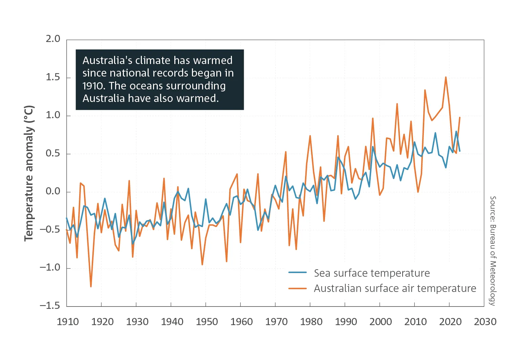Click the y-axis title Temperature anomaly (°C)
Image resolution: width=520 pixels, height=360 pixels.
29,173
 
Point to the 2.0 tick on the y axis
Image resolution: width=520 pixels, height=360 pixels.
53,39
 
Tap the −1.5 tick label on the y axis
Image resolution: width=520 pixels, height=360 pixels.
50,305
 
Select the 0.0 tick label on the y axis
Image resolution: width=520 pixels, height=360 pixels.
53,191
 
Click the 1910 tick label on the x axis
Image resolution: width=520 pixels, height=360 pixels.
68,321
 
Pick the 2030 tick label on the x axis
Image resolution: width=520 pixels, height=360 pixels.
485,321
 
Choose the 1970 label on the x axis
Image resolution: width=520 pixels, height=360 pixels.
276,321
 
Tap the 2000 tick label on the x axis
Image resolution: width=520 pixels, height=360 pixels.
381,321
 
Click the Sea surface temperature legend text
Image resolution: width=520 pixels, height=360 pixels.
372,273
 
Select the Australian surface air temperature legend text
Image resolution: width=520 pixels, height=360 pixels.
395,288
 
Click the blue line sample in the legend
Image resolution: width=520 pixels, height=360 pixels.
298,272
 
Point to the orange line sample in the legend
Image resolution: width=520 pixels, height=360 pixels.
298,289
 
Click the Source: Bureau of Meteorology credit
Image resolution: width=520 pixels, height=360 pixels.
493,251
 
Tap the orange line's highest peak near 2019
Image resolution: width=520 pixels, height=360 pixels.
446,77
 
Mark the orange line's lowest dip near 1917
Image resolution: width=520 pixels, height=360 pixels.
91,287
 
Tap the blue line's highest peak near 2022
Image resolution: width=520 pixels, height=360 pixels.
456,131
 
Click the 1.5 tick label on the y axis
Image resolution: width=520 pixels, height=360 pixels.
53,77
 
